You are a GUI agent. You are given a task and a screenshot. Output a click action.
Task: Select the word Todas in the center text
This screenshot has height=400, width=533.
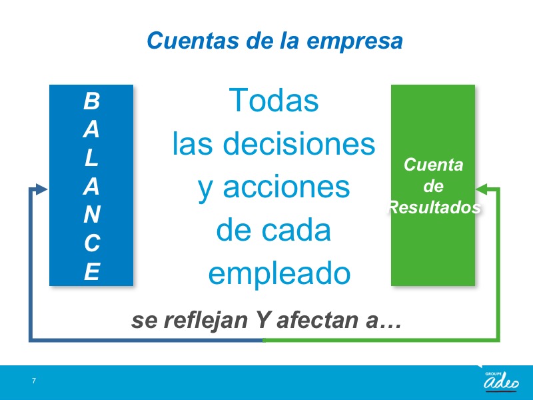point(274,101)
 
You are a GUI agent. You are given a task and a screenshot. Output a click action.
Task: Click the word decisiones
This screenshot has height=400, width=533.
point(299,143)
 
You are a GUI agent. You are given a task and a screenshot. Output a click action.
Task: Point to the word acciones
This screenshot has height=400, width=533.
point(286,187)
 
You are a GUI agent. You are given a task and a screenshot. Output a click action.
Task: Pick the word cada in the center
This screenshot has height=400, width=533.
point(296,230)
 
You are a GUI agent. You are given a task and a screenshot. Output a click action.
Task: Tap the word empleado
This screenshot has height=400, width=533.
point(279,274)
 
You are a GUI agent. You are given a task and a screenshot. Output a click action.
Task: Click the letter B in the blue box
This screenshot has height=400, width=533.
point(91,101)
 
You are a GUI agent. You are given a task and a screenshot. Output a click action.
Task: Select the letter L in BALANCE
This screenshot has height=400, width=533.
point(91,157)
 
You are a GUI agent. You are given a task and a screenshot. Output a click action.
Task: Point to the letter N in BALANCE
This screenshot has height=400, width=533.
point(92,214)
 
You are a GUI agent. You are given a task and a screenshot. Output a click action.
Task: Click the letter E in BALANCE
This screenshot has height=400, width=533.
point(92,271)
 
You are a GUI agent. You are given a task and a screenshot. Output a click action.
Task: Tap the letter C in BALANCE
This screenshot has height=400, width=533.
point(92,243)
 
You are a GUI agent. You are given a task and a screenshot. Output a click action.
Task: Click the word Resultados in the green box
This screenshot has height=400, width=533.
point(434,207)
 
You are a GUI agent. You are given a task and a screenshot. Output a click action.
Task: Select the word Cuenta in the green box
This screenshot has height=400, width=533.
point(434,165)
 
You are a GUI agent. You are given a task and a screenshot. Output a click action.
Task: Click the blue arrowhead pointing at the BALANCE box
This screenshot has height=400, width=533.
point(41,189)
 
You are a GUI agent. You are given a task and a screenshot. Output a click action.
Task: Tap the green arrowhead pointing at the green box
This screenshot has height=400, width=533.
point(482,189)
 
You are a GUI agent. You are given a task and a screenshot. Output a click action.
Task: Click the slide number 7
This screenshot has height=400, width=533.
point(34,381)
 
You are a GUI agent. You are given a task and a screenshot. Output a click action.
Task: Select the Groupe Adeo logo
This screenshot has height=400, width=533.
point(501,381)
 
